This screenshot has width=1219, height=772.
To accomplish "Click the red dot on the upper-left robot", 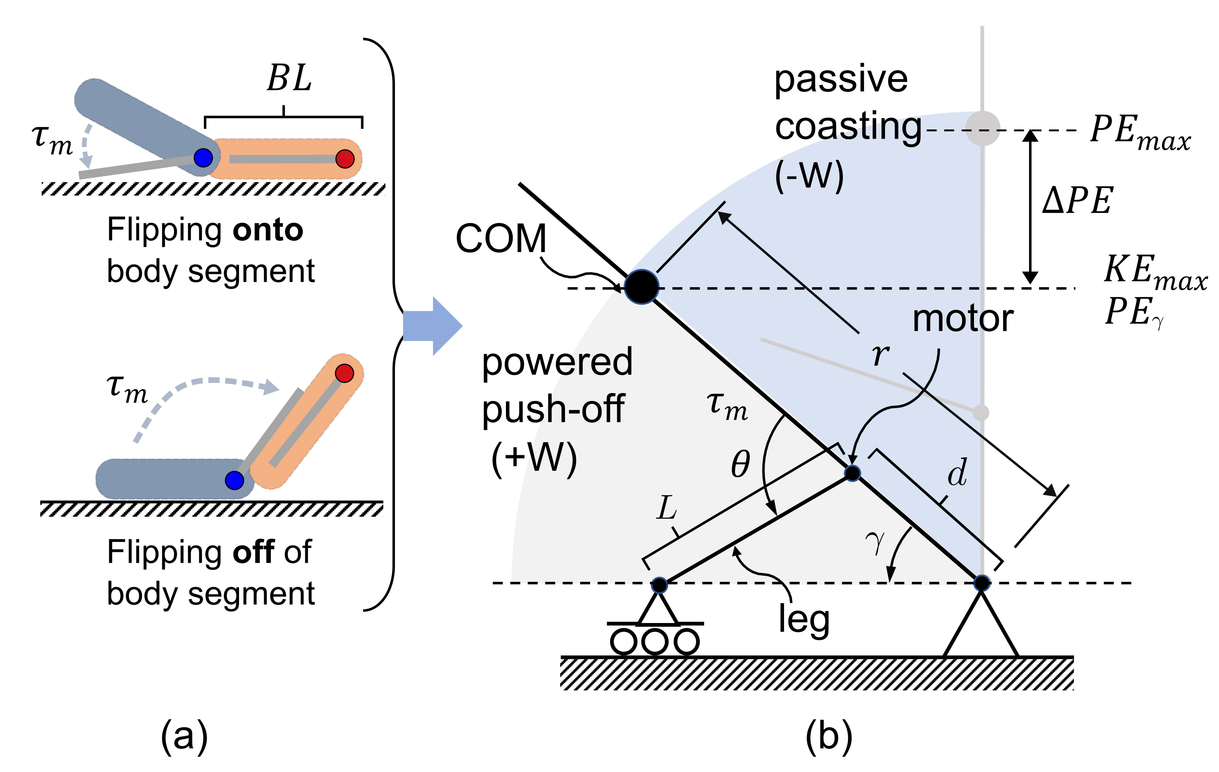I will [345, 159].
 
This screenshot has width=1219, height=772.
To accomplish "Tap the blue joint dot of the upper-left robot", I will [203, 157].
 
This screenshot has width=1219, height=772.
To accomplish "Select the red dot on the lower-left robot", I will [344, 373].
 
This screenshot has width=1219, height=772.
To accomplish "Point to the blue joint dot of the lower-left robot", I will [234, 480].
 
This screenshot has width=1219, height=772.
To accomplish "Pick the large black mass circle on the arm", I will [641, 287].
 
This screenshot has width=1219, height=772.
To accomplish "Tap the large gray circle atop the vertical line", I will [983, 128].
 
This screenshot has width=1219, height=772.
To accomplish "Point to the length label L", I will [666, 508].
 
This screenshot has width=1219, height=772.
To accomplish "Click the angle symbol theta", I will [740, 464].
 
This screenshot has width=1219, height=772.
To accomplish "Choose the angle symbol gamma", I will [875, 543].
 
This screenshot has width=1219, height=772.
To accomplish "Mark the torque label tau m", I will [727, 407].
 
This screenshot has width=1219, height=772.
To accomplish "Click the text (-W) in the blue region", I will [809, 176].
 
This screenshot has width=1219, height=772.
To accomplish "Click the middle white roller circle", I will [654, 642].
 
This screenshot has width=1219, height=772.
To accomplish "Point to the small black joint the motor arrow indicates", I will [852, 473].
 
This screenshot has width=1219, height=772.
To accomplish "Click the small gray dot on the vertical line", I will [981, 412].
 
